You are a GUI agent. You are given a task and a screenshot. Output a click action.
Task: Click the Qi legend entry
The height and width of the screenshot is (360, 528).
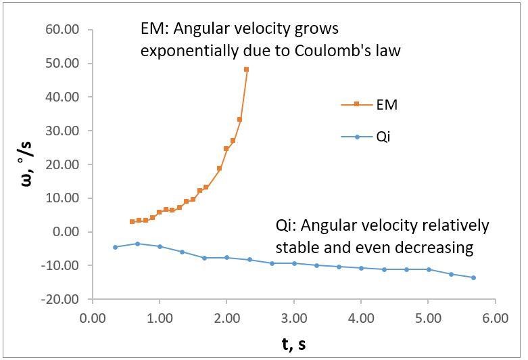tap(368, 137)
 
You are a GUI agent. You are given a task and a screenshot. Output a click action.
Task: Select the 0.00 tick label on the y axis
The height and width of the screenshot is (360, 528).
tap(68, 231)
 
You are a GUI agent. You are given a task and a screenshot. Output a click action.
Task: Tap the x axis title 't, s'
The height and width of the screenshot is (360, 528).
tap(293, 343)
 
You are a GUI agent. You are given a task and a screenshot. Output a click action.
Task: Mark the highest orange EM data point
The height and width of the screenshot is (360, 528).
tap(246, 69)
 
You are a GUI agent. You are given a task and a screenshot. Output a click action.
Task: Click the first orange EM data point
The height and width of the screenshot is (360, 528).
tap(132, 221)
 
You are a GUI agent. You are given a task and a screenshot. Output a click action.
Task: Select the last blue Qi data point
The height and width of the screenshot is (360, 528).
tap(473, 277)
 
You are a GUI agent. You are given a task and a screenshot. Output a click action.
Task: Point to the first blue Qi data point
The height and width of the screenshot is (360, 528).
tap(115, 247)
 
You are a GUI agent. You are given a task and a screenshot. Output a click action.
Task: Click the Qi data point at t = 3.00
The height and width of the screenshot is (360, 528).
tap(294, 263)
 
